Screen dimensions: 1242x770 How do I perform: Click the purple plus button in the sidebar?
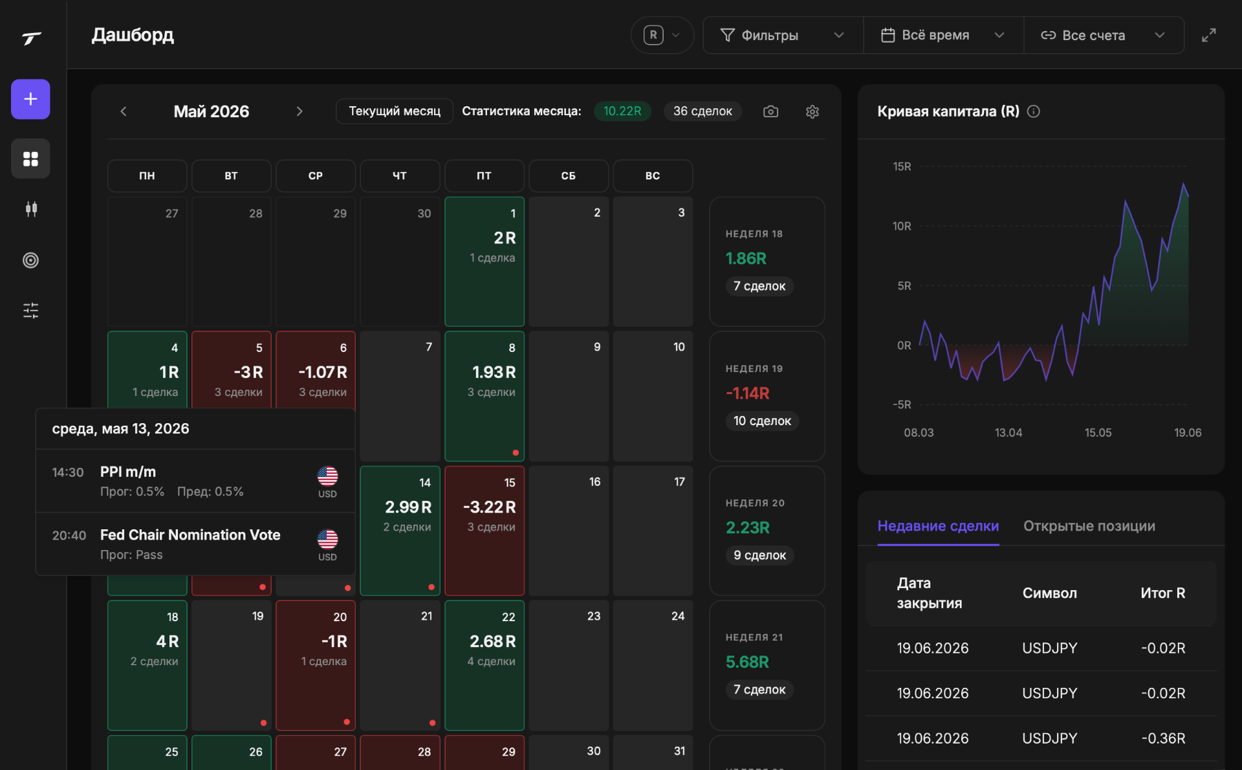pos(30,99)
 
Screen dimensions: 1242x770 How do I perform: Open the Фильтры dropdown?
pos(783,35)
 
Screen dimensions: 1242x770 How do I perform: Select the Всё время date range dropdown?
pos(943,35)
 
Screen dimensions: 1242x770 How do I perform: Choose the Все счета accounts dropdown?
pos(1104,35)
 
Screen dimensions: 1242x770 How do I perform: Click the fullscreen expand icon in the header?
pos(1208,35)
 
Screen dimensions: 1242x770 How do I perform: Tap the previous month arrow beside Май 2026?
pos(124,111)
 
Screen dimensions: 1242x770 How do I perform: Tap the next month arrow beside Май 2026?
pos(300,111)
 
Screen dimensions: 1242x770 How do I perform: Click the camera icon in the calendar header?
pos(770,111)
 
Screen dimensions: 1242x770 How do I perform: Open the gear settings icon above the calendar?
pos(812,111)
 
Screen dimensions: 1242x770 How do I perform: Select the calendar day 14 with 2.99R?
pos(400,531)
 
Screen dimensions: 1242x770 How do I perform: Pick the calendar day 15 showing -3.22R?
pos(485,531)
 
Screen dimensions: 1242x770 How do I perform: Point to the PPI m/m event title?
pos(128,472)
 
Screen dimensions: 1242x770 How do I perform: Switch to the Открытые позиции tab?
pos(1089,526)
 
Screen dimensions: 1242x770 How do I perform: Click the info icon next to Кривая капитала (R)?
pos(1034,111)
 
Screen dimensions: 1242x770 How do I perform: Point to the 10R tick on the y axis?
pos(902,226)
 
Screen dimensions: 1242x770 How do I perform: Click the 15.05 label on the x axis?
pos(1098,432)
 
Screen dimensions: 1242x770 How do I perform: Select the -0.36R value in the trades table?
pos(1163,738)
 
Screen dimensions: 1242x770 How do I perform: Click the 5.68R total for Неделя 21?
pos(747,662)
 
